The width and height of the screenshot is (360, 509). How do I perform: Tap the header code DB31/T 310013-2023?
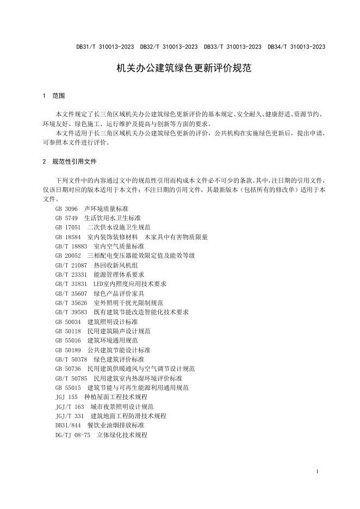105,47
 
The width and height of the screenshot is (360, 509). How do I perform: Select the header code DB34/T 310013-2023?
296,47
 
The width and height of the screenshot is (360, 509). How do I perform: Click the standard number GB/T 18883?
71,246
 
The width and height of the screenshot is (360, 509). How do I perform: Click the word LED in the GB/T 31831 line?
98,284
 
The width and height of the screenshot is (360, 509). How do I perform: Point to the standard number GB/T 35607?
71,293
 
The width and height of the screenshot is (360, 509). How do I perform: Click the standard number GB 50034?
68,322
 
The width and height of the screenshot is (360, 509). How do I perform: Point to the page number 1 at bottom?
317,471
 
